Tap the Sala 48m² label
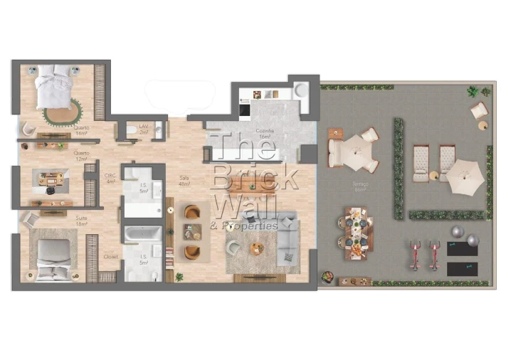184,181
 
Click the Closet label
110,257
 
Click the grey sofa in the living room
288,237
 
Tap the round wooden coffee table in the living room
257,248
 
